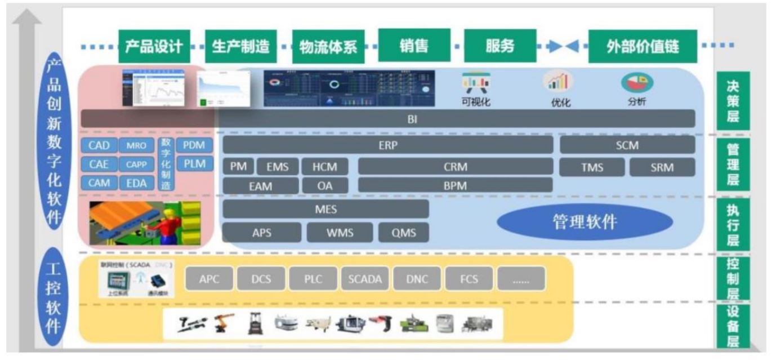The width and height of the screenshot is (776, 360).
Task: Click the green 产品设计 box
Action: (154, 47)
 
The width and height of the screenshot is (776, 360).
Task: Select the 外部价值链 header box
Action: (643, 47)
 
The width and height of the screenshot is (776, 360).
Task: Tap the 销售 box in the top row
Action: (414, 46)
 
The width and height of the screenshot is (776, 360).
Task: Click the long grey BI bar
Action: (388, 119)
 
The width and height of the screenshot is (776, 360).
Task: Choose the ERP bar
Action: (388, 145)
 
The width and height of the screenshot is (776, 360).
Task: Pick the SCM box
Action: (627, 145)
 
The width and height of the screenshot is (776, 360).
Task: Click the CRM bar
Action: (456, 167)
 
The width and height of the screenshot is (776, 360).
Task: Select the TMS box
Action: (592, 167)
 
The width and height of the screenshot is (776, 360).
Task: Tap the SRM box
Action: (662, 167)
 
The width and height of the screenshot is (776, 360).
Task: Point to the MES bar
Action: (325, 209)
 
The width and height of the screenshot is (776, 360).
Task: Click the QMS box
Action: (403, 233)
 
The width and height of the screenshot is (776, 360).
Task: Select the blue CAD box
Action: (99, 146)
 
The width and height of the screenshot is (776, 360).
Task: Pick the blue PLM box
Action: (194, 164)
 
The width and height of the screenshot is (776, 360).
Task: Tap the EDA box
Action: (136, 183)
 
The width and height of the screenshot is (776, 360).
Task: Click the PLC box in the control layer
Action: (313, 278)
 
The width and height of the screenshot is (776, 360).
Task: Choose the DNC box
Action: (417, 278)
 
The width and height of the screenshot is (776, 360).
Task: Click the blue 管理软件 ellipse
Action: (584, 222)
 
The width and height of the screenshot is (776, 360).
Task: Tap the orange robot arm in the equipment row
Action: (222, 325)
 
